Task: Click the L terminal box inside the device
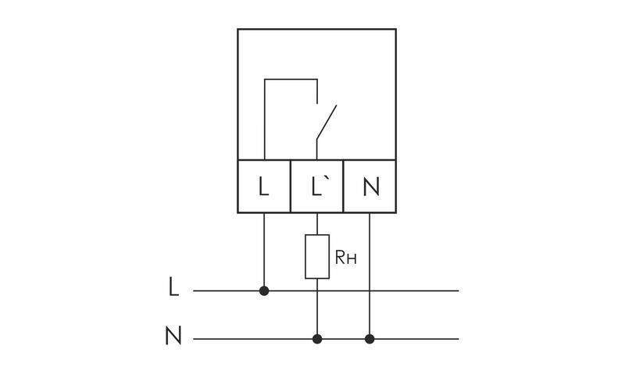pyautogui.click(x=264, y=187)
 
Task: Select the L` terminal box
pyautogui.click(x=317, y=187)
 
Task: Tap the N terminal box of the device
pyautogui.click(x=370, y=187)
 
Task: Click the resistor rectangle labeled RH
pyautogui.click(x=317, y=255)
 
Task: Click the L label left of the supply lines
pyautogui.click(x=173, y=287)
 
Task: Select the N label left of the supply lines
pyautogui.click(x=173, y=337)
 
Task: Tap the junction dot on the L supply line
pyautogui.click(x=264, y=290)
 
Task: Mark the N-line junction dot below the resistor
pyautogui.click(x=317, y=339)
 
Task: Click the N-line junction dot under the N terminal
pyautogui.click(x=370, y=339)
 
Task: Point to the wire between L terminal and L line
pyautogui.click(x=264, y=250)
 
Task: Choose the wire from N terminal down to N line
pyautogui.click(x=370, y=273)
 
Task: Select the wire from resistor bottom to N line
pyautogui.click(x=317, y=308)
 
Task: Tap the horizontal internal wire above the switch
pyautogui.click(x=291, y=79)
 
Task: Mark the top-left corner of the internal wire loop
pyautogui.click(x=264, y=79)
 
